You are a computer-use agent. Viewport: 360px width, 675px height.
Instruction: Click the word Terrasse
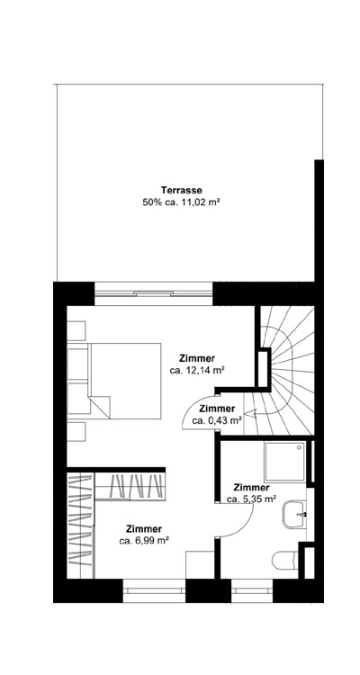click(181, 190)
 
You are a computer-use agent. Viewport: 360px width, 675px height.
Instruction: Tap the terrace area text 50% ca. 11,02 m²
click(181, 203)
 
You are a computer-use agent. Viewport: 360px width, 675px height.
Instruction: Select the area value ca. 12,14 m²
click(197, 370)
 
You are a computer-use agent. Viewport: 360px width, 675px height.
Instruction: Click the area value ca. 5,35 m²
click(250, 499)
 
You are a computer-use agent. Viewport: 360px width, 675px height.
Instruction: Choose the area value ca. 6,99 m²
click(144, 541)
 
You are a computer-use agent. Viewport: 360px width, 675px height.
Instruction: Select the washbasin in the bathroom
click(293, 517)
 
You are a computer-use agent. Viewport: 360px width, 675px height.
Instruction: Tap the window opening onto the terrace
click(153, 291)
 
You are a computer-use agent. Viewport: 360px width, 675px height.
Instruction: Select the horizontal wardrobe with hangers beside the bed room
click(130, 487)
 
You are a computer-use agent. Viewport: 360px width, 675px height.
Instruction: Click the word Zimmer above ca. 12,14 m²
click(197, 356)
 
